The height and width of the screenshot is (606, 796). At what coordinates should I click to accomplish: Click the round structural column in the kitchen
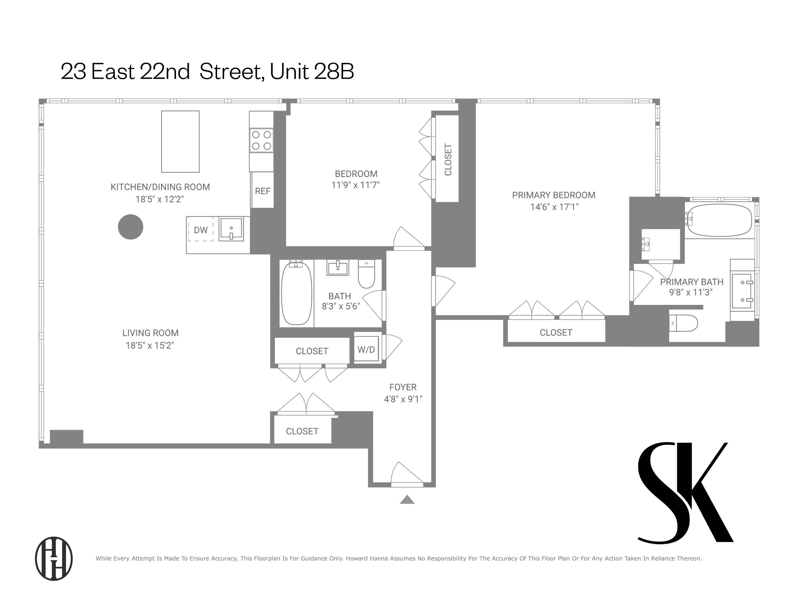130,227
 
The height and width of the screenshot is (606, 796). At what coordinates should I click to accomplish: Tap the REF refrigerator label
263,191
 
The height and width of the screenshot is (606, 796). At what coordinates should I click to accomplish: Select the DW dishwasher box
201,230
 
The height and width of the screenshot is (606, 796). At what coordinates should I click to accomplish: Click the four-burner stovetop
261,140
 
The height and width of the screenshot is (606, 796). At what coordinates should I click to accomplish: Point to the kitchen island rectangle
180,141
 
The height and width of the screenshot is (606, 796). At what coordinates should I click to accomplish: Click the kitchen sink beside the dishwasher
231,228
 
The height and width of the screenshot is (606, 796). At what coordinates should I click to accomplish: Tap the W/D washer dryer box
366,349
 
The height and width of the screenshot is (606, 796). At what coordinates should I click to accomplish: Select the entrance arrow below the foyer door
407,500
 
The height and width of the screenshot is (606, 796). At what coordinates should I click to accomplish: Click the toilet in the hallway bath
366,274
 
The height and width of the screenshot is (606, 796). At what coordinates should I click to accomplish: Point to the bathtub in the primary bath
720,220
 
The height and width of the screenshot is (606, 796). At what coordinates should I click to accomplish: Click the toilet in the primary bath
683,323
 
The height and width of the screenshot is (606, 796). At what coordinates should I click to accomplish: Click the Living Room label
150,333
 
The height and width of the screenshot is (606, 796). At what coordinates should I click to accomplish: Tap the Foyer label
403,387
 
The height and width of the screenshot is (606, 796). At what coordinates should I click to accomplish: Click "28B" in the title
334,72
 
